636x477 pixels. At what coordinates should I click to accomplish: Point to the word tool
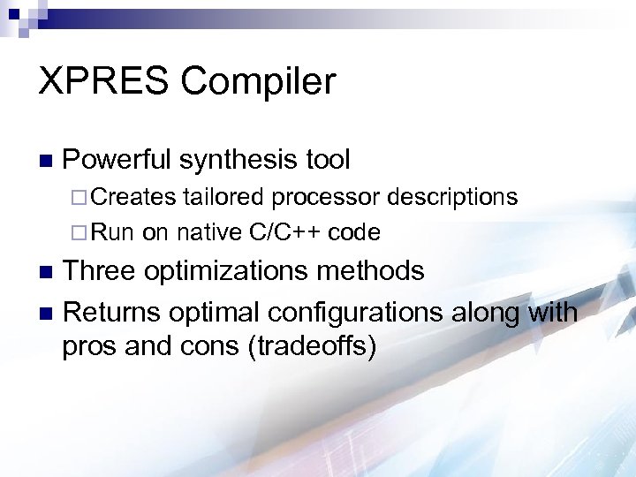click(327, 160)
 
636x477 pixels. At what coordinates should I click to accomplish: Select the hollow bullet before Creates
click(74, 197)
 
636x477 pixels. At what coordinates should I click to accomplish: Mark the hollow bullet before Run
click(74, 233)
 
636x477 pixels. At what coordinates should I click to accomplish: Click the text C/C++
click(286, 232)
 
